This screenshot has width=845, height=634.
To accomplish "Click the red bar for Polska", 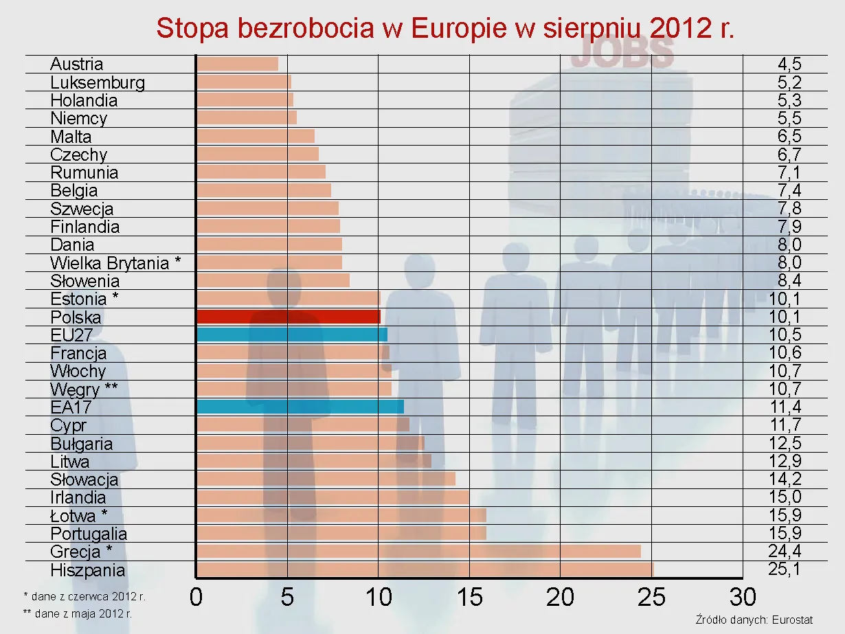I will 288,317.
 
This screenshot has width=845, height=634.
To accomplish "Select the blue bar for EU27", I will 291,335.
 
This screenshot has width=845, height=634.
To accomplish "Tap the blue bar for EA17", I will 300,407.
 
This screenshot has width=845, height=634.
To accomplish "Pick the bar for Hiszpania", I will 424,569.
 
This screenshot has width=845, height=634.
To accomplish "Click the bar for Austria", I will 237,64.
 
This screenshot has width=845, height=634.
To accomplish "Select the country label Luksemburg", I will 98,82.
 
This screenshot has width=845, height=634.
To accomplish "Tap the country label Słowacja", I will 84,479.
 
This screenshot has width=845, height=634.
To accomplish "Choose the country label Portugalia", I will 89,533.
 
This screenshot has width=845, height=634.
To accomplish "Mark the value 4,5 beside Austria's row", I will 789,64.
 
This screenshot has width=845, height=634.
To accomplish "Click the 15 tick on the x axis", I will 469,597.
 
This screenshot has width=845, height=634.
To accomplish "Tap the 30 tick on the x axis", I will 742,597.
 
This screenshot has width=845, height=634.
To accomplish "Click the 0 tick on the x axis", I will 196,597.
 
